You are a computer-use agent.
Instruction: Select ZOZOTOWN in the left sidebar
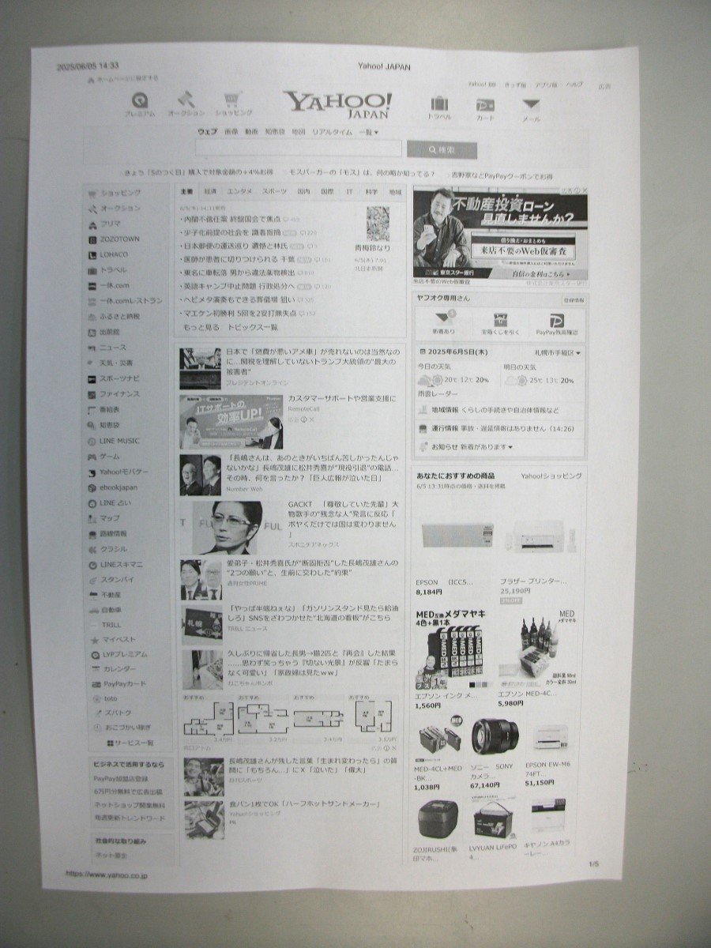point(118,239)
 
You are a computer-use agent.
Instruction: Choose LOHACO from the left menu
point(114,254)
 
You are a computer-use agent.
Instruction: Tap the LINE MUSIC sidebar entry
point(119,441)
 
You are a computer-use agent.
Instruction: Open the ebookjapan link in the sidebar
point(118,487)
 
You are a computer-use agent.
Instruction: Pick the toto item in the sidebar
point(110,698)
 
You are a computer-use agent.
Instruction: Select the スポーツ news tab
point(274,191)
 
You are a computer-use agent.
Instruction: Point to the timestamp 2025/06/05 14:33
point(88,67)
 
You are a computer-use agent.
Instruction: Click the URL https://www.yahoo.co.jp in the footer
point(107,875)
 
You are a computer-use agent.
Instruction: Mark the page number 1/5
point(594,864)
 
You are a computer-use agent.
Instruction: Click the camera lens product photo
point(495,735)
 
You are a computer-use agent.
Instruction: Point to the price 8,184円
point(429,591)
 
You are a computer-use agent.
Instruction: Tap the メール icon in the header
point(531,107)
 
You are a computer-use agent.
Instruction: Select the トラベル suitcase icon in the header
point(439,106)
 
